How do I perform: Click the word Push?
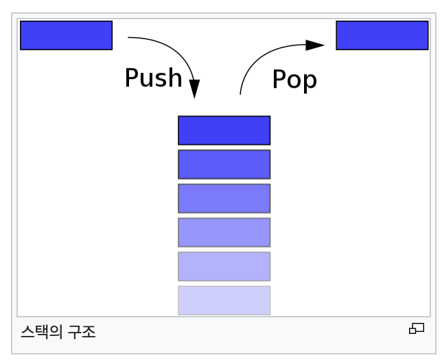(153, 78)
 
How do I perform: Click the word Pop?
(294, 79)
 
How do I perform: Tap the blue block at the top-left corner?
(66, 35)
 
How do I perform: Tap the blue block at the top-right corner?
(382, 35)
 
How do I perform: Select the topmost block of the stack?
(224, 131)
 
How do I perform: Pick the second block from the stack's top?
(224, 164)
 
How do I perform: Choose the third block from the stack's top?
(224, 199)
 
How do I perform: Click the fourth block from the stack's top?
(224, 232)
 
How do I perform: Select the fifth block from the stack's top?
(224, 267)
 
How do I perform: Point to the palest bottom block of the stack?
(224, 300)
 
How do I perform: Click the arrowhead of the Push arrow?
(194, 89)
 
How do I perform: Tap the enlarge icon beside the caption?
(416, 328)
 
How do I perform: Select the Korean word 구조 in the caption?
(82, 332)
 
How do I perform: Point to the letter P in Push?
(131, 78)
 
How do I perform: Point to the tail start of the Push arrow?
(129, 38)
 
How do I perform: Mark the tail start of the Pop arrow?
(240, 93)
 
